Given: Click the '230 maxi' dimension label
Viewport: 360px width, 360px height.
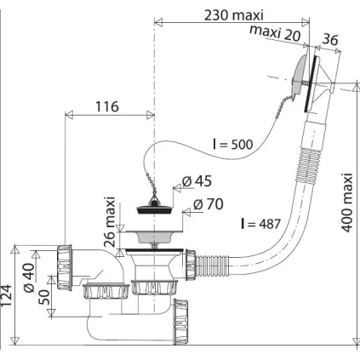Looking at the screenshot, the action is (x=234, y=15).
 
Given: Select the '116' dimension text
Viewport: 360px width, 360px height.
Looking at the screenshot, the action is (x=106, y=106).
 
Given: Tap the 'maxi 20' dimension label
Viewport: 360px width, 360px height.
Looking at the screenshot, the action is (x=275, y=32).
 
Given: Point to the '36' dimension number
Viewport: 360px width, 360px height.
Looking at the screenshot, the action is (x=330, y=39).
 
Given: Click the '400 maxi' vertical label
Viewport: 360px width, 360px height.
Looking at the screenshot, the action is (x=346, y=203).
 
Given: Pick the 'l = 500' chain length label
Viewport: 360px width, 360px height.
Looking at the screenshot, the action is (x=232, y=144).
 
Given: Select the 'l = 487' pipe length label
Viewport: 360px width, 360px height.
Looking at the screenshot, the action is (x=260, y=224).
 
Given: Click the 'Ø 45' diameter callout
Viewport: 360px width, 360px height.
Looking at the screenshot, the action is (x=197, y=181).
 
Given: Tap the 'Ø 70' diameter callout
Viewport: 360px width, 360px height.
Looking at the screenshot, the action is (x=209, y=204).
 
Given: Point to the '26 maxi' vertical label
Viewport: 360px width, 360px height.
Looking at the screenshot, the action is (x=109, y=221).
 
